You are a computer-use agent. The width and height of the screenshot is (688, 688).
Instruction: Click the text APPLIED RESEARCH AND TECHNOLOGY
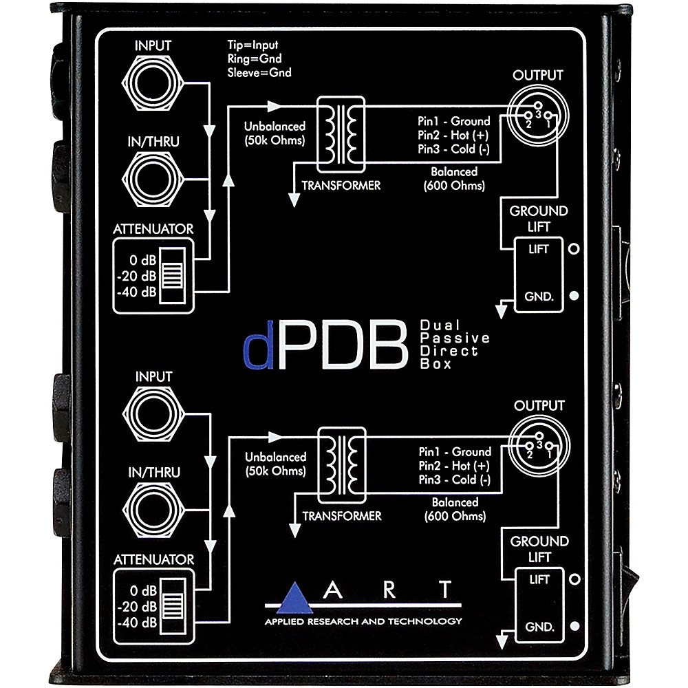[364, 621]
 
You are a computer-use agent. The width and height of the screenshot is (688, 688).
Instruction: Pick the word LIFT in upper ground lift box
[539, 249]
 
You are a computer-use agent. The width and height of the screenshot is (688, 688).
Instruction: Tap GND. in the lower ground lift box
[539, 627]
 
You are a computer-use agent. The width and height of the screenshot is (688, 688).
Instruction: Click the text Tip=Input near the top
[254, 45]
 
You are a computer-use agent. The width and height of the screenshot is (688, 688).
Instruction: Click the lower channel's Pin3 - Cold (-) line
[455, 480]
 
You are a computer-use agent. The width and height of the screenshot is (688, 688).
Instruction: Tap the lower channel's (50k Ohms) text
[275, 470]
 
